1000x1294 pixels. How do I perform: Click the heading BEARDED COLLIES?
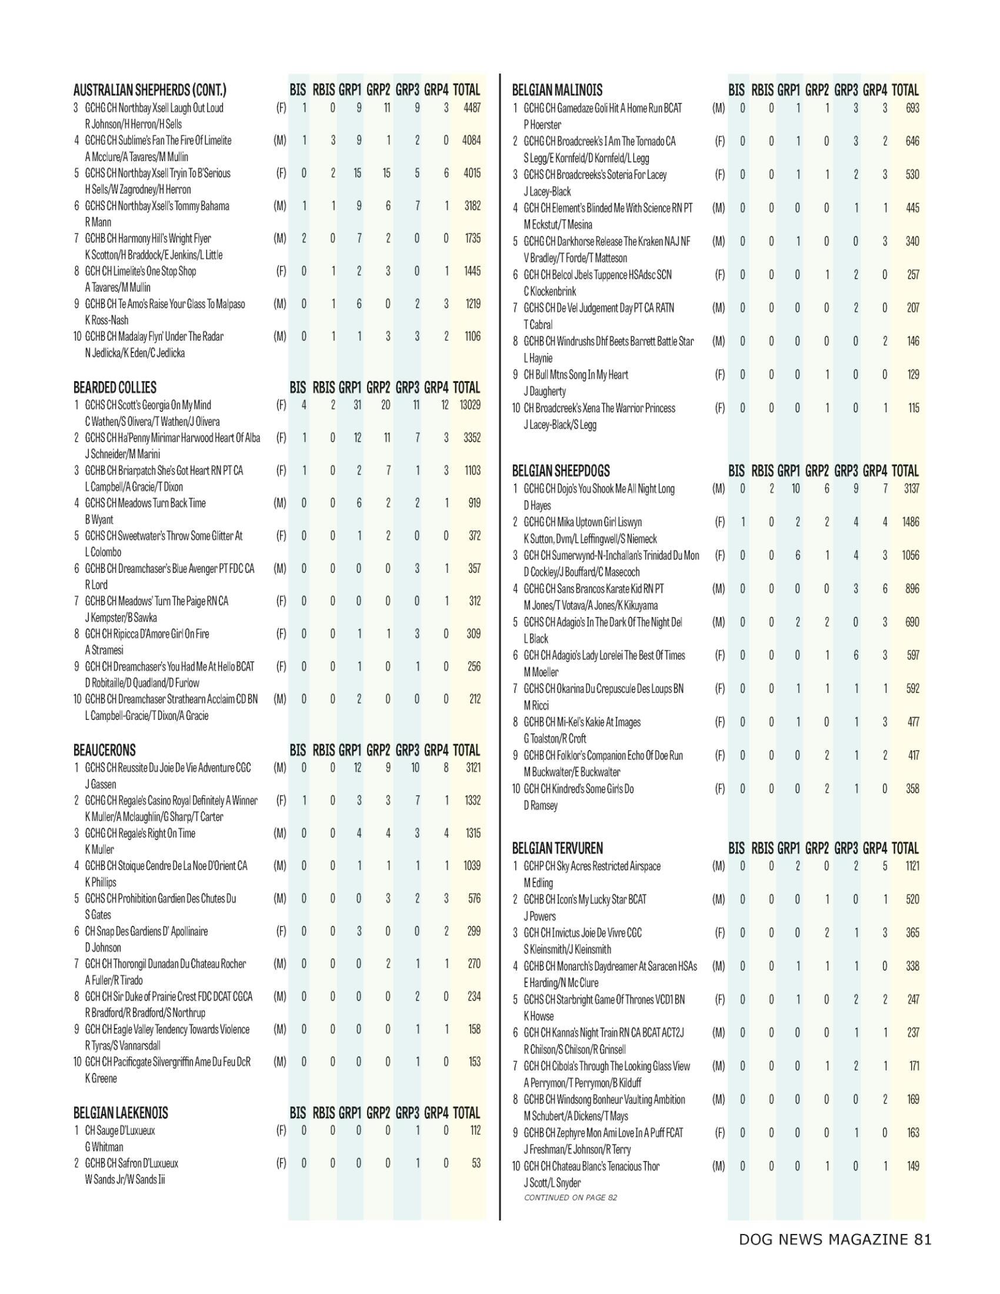click(x=115, y=388)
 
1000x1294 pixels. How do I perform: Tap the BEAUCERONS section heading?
click(x=104, y=751)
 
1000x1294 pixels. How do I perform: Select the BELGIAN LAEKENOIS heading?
click(x=121, y=1113)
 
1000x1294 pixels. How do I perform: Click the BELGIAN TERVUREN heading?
click(x=558, y=848)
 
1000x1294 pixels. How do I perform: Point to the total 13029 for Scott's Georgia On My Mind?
click(x=467, y=405)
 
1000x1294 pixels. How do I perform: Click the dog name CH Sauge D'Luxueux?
click(x=120, y=1130)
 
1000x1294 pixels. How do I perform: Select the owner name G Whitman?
click(x=105, y=1147)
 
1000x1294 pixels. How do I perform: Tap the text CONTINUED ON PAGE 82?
click(x=571, y=1198)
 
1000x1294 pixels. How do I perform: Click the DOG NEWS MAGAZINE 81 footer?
click(x=835, y=1239)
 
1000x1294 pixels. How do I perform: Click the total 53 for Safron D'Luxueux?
click(x=475, y=1163)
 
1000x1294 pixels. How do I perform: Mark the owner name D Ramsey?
click(x=540, y=806)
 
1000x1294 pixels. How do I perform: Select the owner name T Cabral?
click(x=537, y=325)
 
